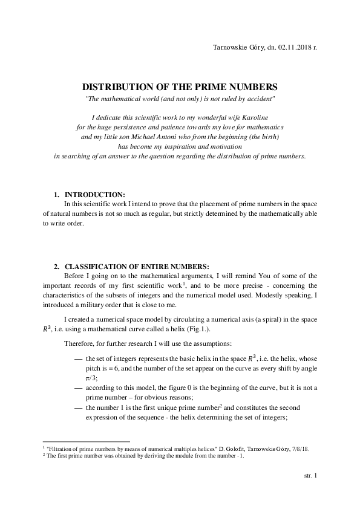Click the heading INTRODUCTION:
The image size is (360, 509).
point(94,194)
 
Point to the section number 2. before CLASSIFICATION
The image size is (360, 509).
point(57,266)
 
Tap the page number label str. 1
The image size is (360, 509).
point(310,475)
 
